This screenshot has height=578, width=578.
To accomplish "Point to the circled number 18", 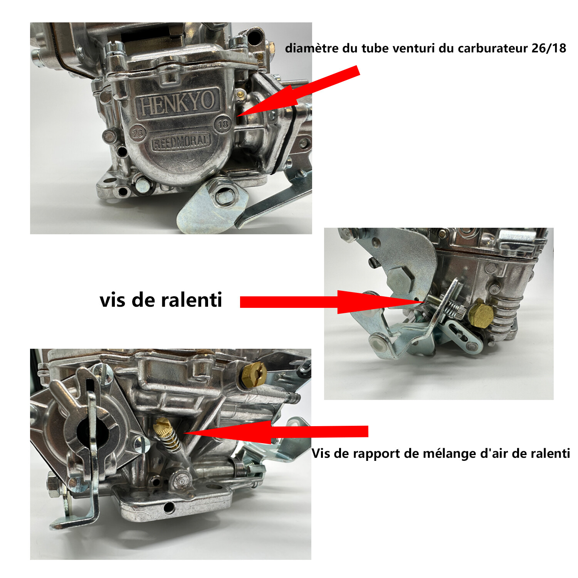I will click(223, 124).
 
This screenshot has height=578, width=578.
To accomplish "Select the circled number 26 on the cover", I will click(138, 133).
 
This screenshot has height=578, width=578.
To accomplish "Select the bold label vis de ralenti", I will click(161, 300).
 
